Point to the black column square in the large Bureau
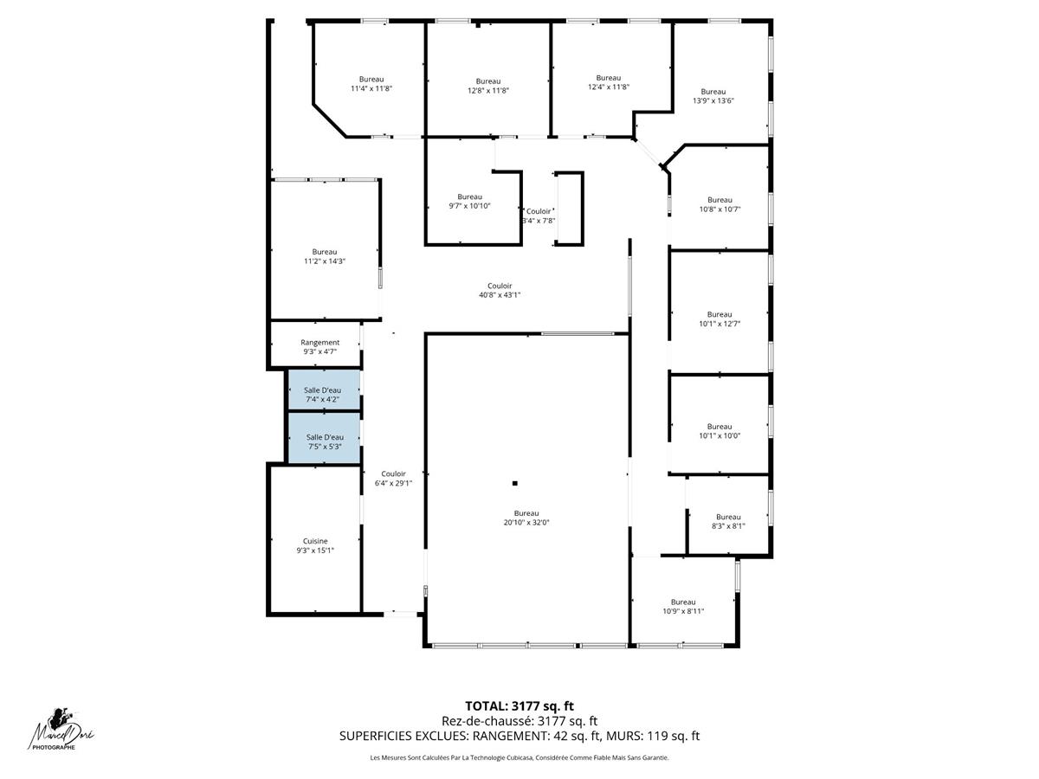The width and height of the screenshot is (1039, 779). (x=514, y=483)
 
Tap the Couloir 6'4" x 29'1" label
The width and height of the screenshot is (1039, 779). (x=393, y=479)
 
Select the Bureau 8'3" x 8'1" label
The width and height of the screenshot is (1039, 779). (x=728, y=521)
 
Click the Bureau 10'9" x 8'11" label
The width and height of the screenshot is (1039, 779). (x=683, y=607)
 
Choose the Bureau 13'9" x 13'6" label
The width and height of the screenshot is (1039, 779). (x=713, y=96)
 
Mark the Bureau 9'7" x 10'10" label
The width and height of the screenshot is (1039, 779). (x=470, y=201)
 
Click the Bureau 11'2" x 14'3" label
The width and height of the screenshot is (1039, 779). (x=325, y=256)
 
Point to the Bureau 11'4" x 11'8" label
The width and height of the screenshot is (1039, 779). (x=372, y=84)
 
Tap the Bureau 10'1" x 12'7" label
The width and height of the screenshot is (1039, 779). (x=720, y=319)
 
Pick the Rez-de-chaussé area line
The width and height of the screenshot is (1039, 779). (x=519, y=721)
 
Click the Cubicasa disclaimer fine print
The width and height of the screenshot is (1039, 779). (x=519, y=758)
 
